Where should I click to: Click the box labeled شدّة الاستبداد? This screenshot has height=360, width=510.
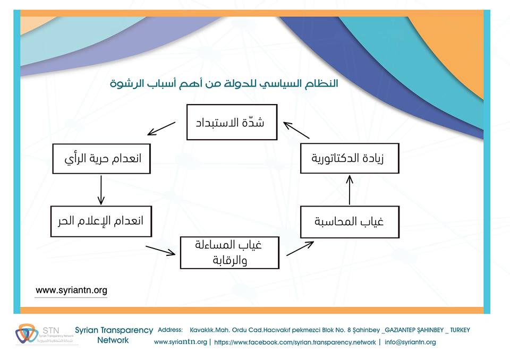[x=232, y=122]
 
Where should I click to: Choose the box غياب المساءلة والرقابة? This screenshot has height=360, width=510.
[x=229, y=253]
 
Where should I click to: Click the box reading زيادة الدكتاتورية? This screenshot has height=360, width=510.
[x=350, y=158]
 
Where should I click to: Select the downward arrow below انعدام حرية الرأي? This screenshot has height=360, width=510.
[x=100, y=190]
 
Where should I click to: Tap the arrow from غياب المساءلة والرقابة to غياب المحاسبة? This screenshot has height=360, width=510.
[x=300, y=248]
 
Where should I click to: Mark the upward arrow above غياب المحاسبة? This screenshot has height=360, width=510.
[x=350, y=190]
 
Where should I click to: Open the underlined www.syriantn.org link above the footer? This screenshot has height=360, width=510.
[x=71, y=290]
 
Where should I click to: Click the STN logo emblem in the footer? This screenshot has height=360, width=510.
[x=23, y=333]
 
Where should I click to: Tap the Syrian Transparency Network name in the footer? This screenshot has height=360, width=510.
[x=114, y=335]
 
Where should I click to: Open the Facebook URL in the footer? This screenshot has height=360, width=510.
[x=295, y=342]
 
